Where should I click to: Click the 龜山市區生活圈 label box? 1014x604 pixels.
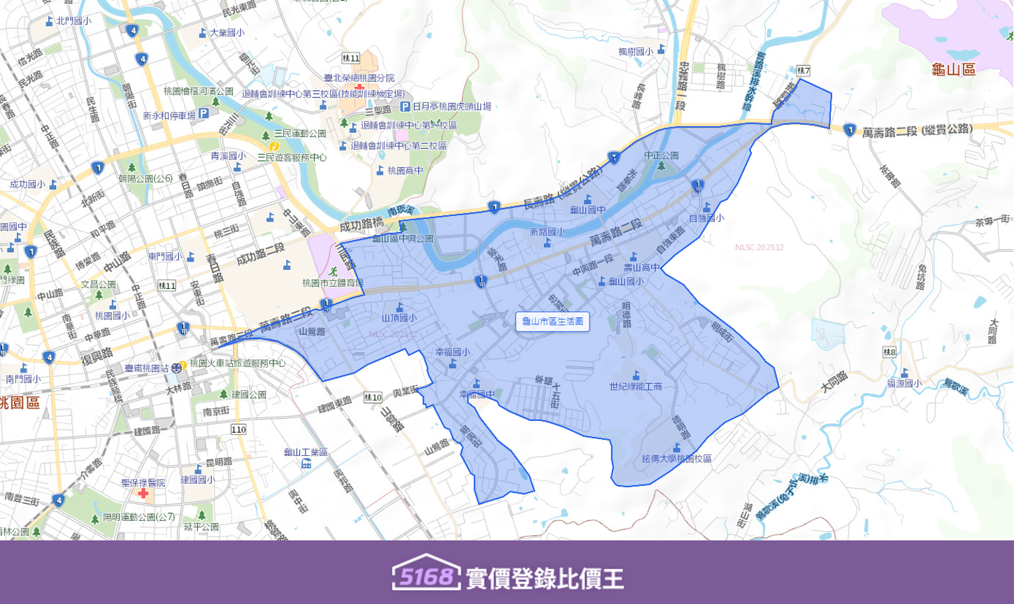pyautogui.click(x=552, y=322)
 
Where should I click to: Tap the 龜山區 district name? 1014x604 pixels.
pyautogui.click(x=953, y=69)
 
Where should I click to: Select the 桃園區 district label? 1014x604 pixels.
pyautogui.click(x=20, y=403)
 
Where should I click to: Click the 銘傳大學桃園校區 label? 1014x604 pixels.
pyautogui.click(x=676, y=459)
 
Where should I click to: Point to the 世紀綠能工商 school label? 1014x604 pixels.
pyautogui.click(x=635, y=386)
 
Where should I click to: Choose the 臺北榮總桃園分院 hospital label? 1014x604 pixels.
pyautogui.click(x=359, y=78)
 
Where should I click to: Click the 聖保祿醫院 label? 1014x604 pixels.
pyautogui.click(x=143, y=483)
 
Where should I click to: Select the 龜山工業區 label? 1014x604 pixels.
pyautogui.click(x=306, y=452)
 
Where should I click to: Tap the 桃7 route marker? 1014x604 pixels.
pyautogui.click(x=803, y=71)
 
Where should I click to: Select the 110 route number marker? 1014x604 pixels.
pyautogui.click(x=238, y=429)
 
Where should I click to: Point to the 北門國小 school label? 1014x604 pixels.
pyautogui.click(x=73, y=21)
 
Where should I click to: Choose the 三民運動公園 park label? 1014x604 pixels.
pyautogui.click(x=300, y=134)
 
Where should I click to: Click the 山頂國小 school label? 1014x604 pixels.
pyautogui.click(x=399, y=318)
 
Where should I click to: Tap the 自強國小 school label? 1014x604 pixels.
pyautogui.click(x=706, y=218)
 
